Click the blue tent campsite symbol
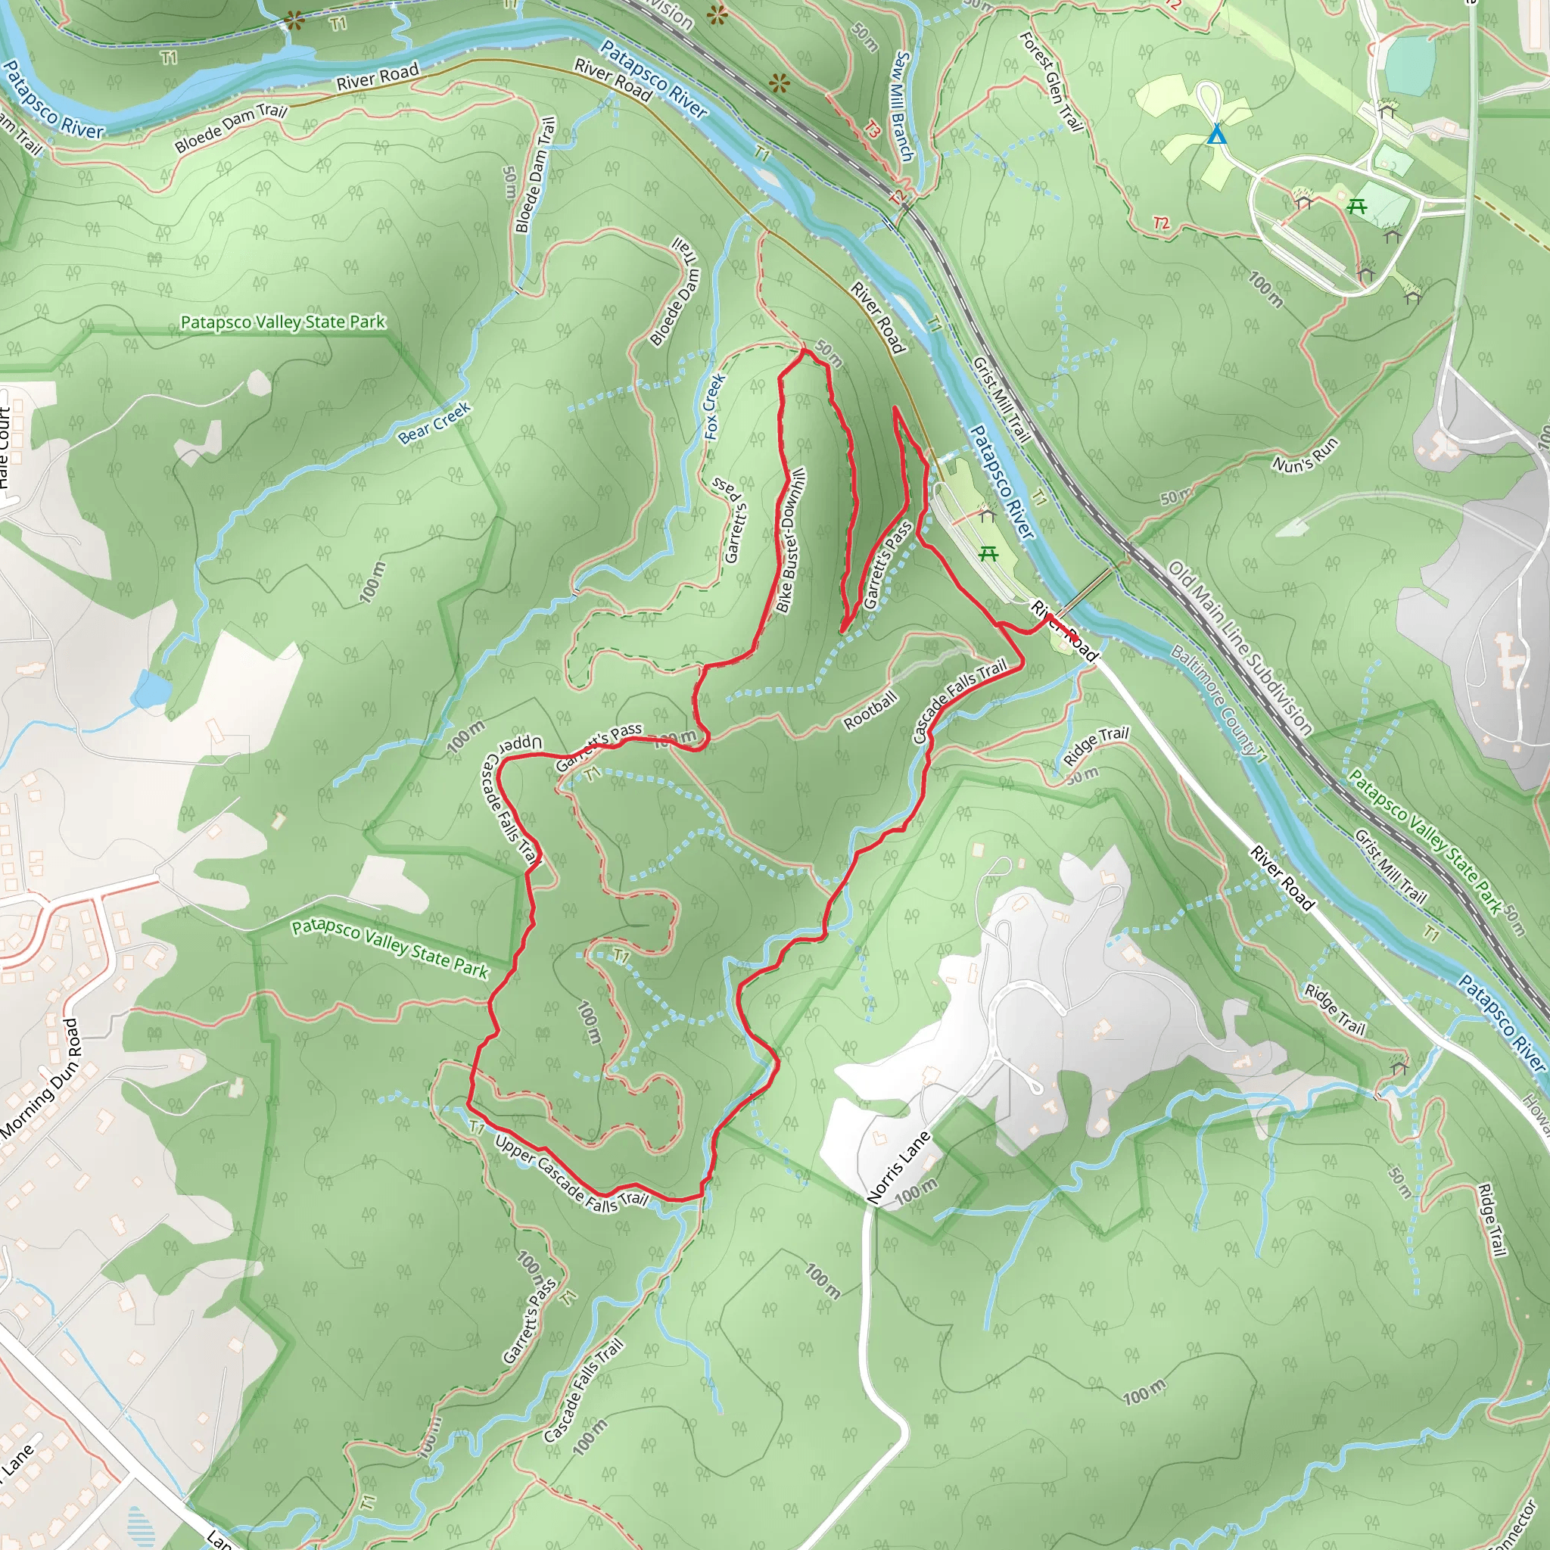pos(1217,134)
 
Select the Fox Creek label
pos(714,406)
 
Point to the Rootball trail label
pos(870,711)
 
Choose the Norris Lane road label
pos(898,1167)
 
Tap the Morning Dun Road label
pos(40,1078)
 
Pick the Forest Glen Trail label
pos(1052,81)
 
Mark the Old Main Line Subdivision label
pos(1240,649)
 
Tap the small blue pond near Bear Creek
pos(151,689)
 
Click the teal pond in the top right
pos(1409,64)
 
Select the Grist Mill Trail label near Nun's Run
pos(1001,399)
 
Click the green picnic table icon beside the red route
pos(988,552)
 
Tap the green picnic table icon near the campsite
pos(1357,206)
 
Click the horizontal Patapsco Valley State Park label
pos(282,322)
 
